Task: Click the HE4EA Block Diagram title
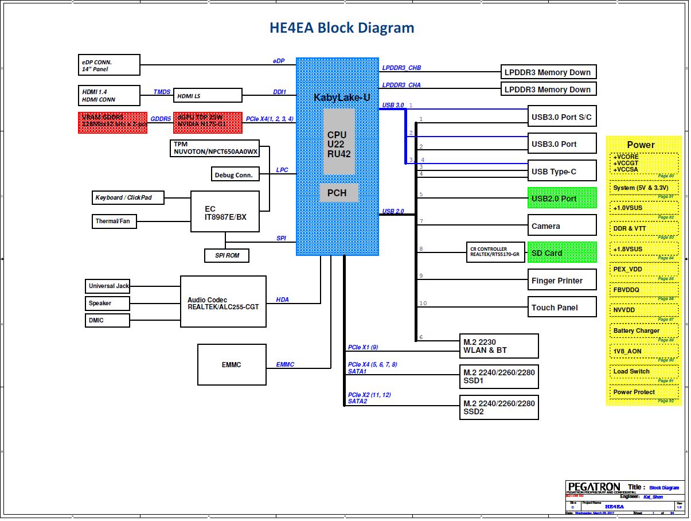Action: tap(342, 28)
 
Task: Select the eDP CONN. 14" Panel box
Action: tap(109, 65)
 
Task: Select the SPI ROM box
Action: tap(227, 255)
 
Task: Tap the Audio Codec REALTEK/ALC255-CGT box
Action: tap(223, 302)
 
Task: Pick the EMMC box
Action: tap(232, 364)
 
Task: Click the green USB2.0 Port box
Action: tap(561, 198)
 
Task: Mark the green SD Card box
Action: tap(561, 252)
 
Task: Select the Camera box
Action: tap(561, 225)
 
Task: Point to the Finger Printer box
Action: tap(561, 280)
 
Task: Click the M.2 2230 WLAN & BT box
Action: tap(499, 346)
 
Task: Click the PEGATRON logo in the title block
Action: tap(594, 487)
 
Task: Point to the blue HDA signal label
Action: tap(282, 300)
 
